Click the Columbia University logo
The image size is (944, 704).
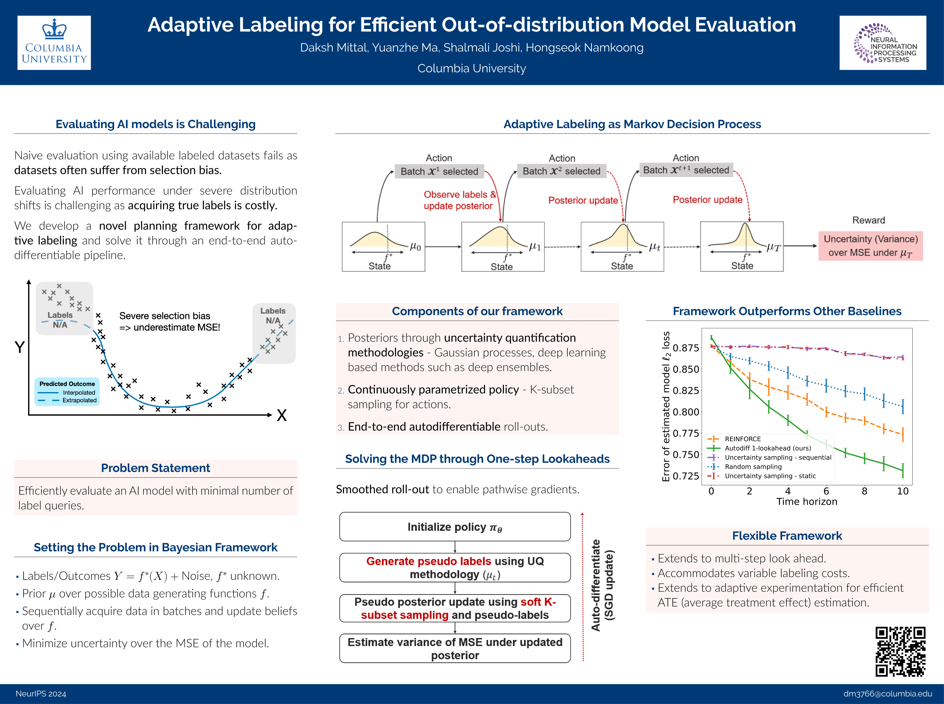pos(54,43)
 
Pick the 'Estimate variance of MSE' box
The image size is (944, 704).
pos(455,648)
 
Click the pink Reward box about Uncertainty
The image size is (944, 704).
pos(870,246)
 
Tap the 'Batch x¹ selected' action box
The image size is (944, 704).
pos(439,171)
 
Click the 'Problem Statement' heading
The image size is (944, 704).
pos(155,468)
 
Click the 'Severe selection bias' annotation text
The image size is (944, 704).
pos(169,321)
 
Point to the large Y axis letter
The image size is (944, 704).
pos(20,347)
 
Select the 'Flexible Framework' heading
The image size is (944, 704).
pos(787,536)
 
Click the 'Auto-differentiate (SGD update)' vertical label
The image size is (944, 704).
pos(602,585)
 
